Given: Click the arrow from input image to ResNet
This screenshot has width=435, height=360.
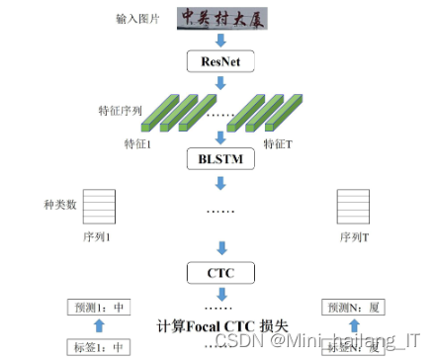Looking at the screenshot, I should [220, 39].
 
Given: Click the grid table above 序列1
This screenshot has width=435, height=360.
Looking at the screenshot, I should [97, 209].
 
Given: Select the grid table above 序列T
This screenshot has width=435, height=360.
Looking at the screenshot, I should [352, 209].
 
